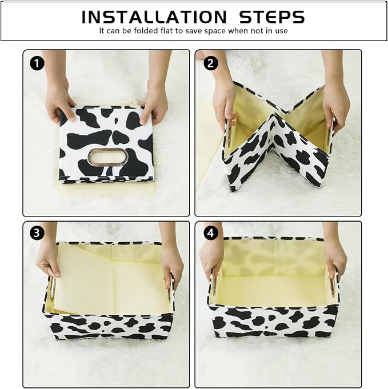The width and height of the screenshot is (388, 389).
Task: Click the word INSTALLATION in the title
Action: click(154, 17)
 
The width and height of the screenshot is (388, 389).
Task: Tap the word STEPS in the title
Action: click(272, 17)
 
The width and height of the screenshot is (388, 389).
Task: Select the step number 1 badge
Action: click(37, 63)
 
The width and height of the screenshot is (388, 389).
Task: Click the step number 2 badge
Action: click(210, 63)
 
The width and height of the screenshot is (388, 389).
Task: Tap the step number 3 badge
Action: click(37, 233)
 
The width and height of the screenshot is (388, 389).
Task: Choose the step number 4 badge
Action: click(210, 233)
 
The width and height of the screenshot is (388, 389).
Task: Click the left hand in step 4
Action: click(211, 258)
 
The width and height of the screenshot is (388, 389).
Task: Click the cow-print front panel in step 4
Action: click(273, 320)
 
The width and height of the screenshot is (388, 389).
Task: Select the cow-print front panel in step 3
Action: click(109, 326)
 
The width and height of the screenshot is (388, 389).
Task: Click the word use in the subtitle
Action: click(282, 31)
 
